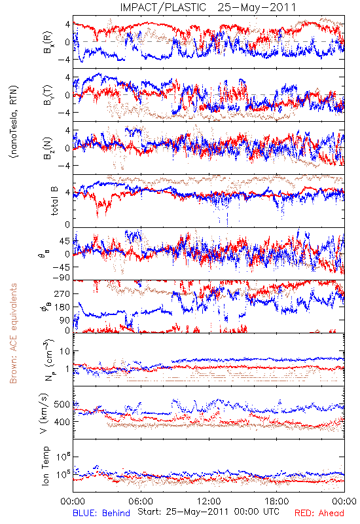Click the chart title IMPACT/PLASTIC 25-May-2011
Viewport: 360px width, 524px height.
point(208,7)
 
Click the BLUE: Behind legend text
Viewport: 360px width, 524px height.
point(101,513)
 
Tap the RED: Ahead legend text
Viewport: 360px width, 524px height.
point(319,513)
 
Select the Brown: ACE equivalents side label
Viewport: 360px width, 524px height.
point(13,333)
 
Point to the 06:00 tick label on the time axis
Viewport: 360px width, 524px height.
point(141,501)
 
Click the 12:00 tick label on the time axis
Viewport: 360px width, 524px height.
point(209,501)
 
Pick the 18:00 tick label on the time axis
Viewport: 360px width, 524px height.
point(277,501)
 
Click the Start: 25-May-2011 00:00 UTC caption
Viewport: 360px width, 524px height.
point(208,512)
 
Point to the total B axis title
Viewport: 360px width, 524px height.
point(54,201)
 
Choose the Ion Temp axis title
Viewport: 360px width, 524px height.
point(45,466)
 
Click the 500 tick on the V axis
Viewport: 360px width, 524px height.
point(62,404)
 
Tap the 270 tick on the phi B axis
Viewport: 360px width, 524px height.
point(62,293)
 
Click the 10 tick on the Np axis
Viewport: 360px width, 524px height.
point(65,351)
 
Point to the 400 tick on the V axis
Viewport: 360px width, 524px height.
point(62,422)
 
